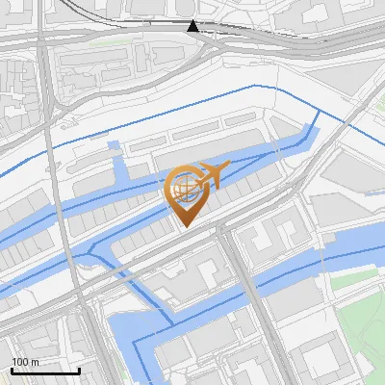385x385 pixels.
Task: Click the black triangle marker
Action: click(x=193, y=26)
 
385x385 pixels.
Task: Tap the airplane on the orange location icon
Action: click(x=210, y=175)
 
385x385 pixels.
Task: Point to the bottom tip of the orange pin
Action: click(x=186, y=227)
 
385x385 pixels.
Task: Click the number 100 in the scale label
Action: click(x=20, y=362)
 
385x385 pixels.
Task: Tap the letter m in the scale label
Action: click(x=35, y=362)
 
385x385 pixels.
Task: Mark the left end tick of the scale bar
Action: click(x=12, y=369)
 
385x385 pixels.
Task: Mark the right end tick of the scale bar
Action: click(x=79, y=369)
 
